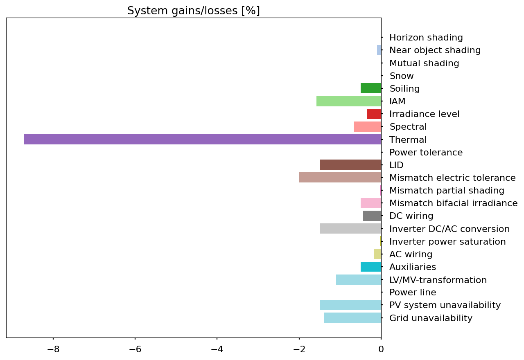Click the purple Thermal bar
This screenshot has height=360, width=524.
(x=203, y=139)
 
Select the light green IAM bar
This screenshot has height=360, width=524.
(x=349, y=101)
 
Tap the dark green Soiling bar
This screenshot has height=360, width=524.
(x=371, y=88)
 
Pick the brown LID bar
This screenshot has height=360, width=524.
(x=350, y=165)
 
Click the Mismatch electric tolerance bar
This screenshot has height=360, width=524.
(x=340, y=178)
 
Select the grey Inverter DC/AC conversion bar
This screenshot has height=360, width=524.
(x=350, y=229)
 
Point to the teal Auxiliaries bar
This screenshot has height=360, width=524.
(x=371, y=267)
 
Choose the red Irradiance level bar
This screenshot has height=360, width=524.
(x=374, y=114)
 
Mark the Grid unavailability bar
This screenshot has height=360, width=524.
(x=352, y=318)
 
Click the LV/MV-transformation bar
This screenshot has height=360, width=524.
(x=359, y=280)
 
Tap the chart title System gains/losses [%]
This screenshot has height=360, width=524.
(x=194, y=11)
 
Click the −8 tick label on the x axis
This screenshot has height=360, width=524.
(x=53, y=349)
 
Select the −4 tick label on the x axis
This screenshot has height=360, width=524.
(x=217, y=349)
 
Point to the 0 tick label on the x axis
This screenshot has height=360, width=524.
(x=381, y=349)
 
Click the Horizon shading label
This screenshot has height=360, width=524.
(x=426, y=38)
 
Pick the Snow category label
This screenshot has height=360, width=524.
(x=402, y=76)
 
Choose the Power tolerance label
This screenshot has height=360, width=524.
(x=426, y=153)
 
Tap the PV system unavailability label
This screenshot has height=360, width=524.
(x=445, y=305)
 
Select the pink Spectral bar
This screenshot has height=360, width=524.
(x=368, y=127)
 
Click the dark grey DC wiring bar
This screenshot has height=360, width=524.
(x=372, y=216)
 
